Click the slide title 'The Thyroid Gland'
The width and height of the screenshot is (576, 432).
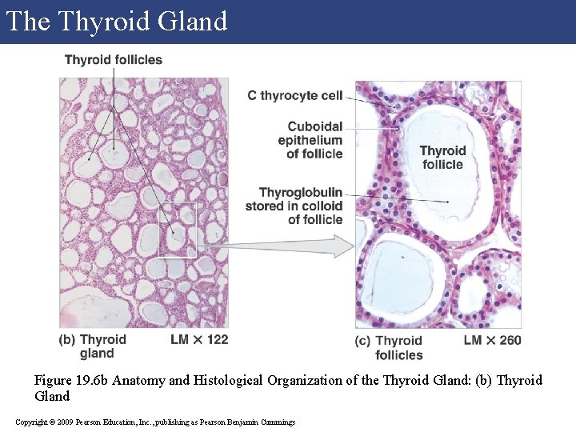117,22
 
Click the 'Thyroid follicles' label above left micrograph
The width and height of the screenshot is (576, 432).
113,60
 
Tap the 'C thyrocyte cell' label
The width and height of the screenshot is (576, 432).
294,96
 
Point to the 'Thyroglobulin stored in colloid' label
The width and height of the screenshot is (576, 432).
299,206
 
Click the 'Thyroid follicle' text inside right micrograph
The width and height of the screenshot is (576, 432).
442,158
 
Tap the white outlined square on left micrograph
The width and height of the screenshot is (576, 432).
177,230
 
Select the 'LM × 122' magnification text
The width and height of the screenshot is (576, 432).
199,340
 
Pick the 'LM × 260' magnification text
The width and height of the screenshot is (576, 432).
492,341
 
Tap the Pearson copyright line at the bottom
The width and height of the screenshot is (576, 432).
155,422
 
